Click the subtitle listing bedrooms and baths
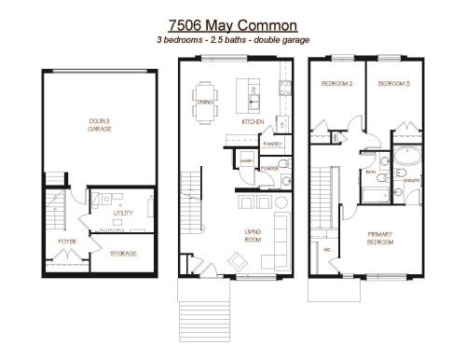[232, 42]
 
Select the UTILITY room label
[123, 214]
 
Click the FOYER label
[66, 242]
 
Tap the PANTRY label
[272, 145]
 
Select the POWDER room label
[270, 169]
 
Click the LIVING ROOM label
[251, 237]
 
